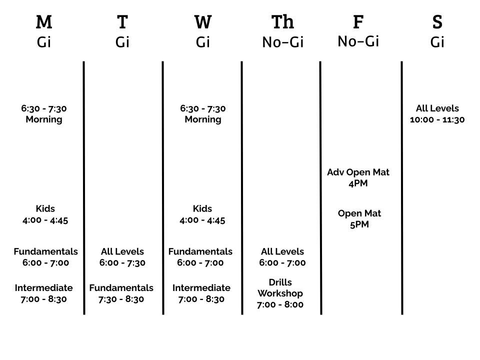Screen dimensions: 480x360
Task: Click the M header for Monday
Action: pos(44,22)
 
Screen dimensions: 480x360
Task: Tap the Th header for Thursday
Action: pos(282,22)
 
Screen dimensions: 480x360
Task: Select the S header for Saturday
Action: pos(437,22)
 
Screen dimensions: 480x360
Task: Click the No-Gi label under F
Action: pos(358,41)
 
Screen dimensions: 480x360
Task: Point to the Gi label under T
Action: pos(122,42)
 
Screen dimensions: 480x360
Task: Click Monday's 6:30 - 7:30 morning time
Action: pos(44,108)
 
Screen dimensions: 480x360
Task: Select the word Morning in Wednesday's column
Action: pos(203,119)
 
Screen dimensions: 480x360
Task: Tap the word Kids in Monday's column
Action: pos(45,208)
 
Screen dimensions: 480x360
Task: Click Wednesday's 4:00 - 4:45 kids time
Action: pos(202,220)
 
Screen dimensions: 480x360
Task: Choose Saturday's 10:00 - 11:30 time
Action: pos(437,119)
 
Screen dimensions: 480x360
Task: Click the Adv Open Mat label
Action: pos(358,172)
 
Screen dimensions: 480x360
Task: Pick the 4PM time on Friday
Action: pos(358,183)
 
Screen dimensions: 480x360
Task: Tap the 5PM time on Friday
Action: pos(359,224)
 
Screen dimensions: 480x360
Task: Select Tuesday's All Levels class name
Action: pos(122,251)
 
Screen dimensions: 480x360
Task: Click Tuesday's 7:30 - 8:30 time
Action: pos(121,299)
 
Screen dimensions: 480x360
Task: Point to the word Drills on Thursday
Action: pos(280,282)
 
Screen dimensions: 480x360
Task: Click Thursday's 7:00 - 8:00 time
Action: pos(280,304)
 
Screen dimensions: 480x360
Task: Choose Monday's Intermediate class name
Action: pos(44,288)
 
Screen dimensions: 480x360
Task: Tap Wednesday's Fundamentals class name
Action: pos(200,251)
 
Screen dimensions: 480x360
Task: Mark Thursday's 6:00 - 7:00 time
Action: pos(282,262)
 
